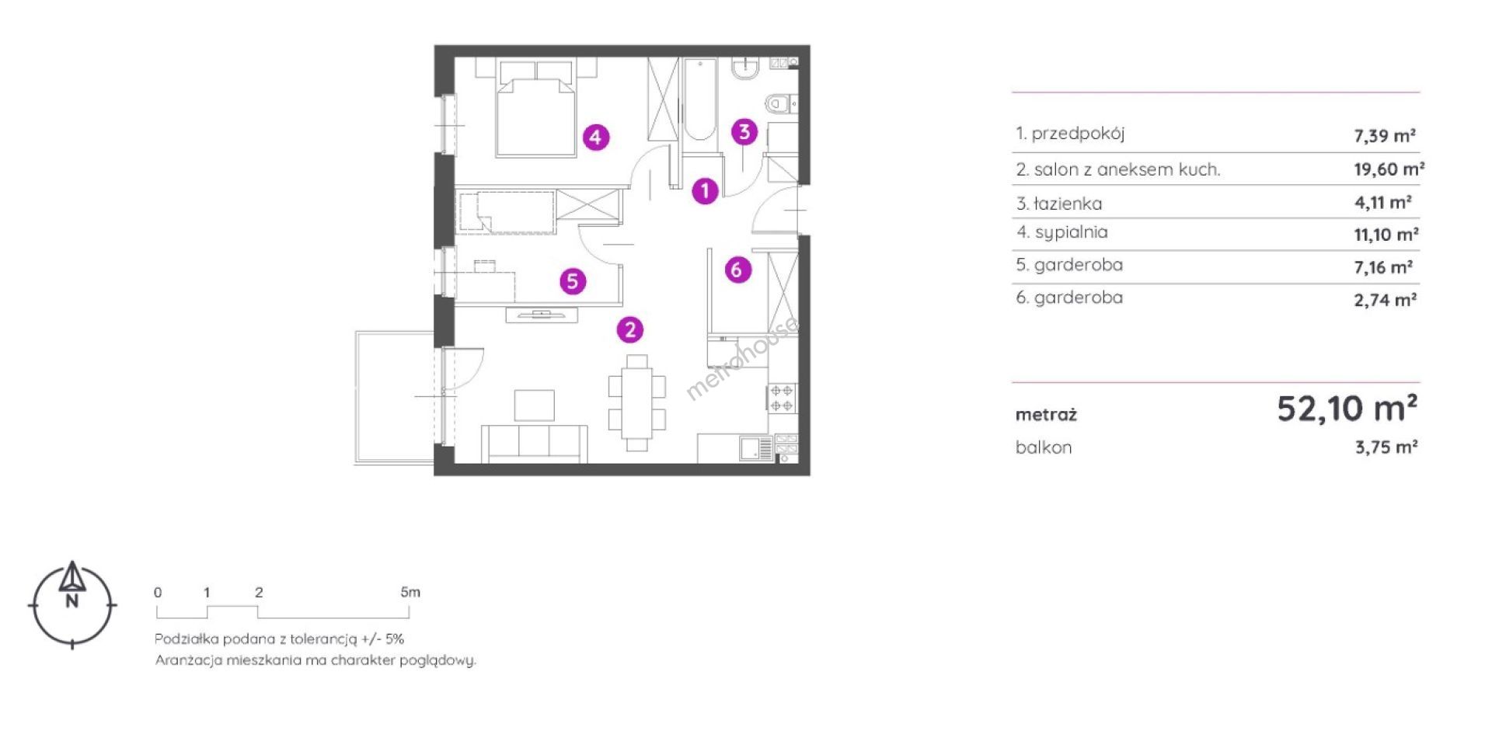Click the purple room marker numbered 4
tap(596, 138)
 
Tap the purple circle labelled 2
tap(630, 329)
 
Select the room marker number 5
tap(573, 280)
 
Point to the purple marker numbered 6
tap(737, 270)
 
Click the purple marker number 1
tap(705, 190)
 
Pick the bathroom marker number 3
tap(744, 132)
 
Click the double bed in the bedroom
tap(536, 108)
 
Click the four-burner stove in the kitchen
tap(782, 399)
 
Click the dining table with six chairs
tap(637, 402)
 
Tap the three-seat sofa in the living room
tap(534, 444)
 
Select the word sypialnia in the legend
tap(1071, 232)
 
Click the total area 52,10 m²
tap(1347, 408)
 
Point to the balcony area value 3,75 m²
tap(1386, 447)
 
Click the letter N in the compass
tap(72, 601)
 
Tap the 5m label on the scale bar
tap(410, 592)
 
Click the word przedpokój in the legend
tap(1078, 134)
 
